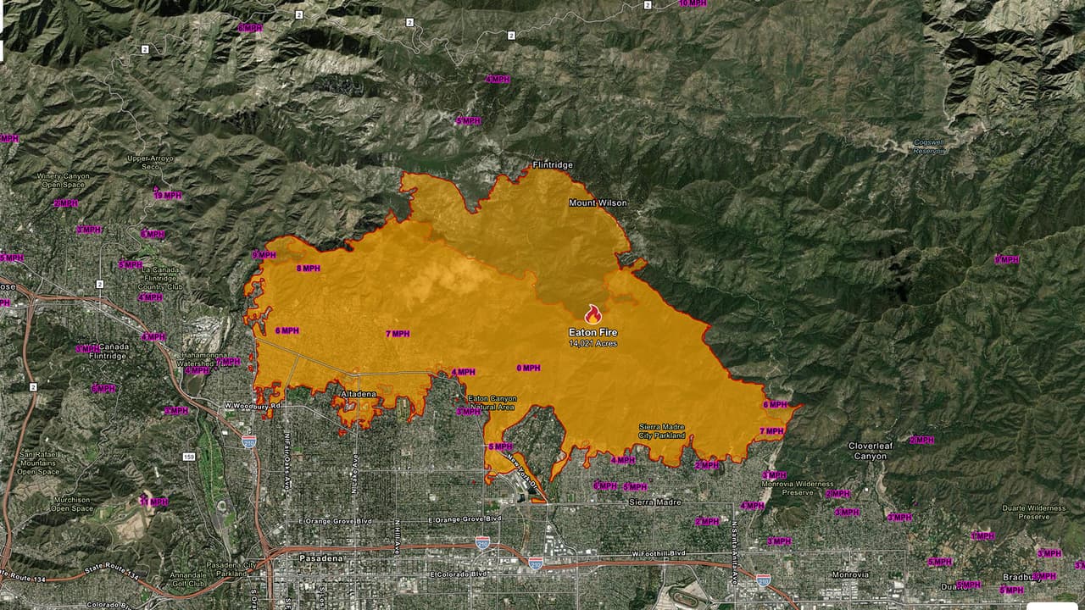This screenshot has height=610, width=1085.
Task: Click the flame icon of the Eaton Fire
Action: (593, 314)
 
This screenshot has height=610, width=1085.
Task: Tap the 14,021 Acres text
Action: (593, 343)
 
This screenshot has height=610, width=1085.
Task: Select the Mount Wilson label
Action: (598, 203)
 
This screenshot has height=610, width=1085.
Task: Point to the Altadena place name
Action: (357, 395)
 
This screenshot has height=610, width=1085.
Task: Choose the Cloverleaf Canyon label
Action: (870, 451)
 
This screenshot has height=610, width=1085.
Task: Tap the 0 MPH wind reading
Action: (528, 369)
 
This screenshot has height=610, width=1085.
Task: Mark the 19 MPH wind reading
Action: (168, 196)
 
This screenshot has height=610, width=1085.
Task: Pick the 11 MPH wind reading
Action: (153, 502)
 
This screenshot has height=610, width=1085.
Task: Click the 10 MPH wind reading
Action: (692, 3)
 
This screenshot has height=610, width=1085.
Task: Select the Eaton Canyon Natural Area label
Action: (491, 402)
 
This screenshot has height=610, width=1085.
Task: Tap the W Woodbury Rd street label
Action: (253, 406)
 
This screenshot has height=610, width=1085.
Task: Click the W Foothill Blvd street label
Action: (659, 553)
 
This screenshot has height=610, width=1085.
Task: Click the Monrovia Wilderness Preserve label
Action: (809, 487)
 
